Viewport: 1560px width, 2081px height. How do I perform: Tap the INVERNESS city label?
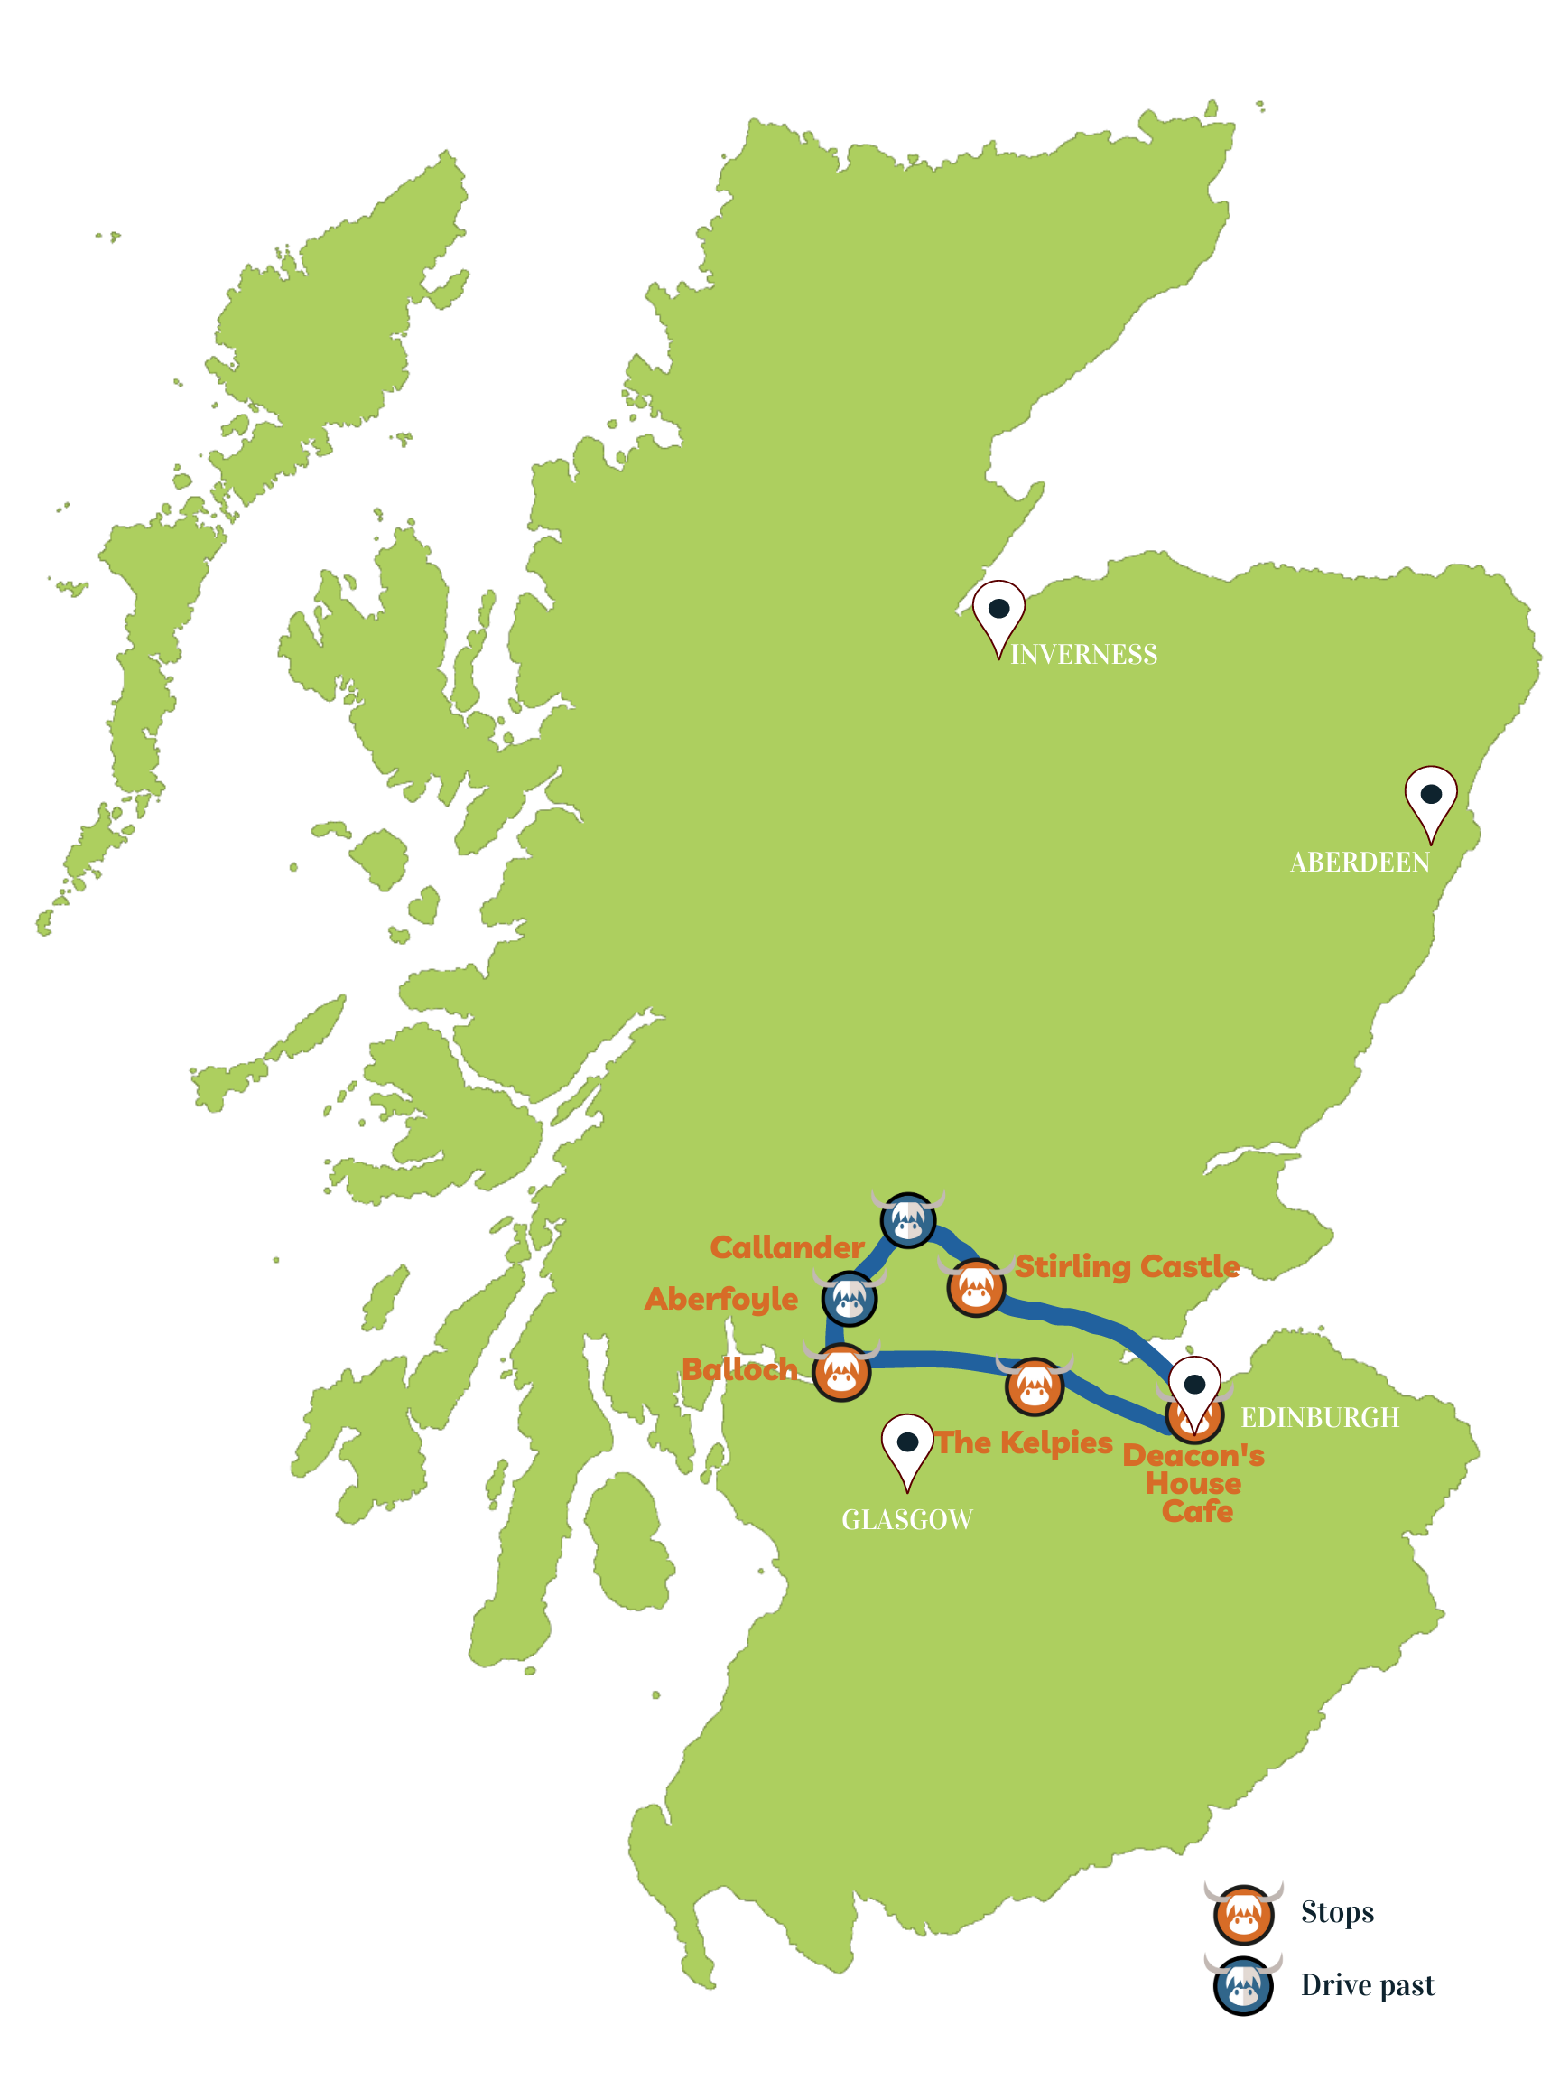pos(1083,655)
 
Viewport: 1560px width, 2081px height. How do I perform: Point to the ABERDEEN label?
pos(1360,863)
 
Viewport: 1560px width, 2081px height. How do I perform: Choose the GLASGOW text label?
pos(906,1520)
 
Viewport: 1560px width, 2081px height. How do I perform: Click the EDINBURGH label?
pos(1319,1418)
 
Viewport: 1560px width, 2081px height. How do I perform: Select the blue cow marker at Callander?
pos(907,1220)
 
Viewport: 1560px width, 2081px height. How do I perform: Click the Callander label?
pos(787,1247)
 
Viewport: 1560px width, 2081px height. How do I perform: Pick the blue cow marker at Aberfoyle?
pos(850,1299)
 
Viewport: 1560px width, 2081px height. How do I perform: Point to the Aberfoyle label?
pos(721,1299)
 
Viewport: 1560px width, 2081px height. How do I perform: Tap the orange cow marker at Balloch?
pos(841,1372)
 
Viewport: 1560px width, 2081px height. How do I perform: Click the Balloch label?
pos(740,1370)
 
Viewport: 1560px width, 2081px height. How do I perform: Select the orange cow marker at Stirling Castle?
pos(976,1287)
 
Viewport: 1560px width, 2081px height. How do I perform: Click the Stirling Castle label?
pos(1127,1266)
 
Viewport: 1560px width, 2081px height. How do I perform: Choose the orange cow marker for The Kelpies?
pos(1035,1386)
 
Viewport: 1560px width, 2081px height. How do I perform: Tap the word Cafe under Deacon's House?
pos(1197,1511)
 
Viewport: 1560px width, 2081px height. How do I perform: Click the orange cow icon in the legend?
pos(1243,1914)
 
